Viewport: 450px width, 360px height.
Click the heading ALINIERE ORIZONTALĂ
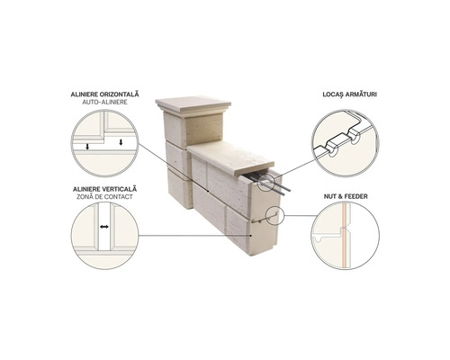(105, 94)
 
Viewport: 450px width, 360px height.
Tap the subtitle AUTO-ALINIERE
(104, 102)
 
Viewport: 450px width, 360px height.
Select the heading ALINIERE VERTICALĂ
(104, 189)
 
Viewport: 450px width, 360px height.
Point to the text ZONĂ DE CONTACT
(104, 197)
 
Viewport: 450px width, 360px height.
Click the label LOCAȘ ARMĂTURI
(350, 94)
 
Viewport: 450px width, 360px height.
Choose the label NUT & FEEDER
(346, 196)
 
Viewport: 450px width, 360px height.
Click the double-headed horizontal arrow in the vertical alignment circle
(104, 227)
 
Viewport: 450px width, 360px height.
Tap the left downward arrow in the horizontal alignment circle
(87, 147)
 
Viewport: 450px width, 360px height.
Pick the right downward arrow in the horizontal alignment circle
(121, 142)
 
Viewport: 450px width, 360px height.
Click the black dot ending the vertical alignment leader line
(251, 236)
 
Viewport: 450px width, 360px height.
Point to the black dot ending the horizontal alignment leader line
(208, 191)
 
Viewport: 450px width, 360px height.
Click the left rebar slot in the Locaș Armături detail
(332, 152)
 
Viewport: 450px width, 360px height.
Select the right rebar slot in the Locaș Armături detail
(355, 139)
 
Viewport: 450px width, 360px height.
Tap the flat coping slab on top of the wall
(231, 158)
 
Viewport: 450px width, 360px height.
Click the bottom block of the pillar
(179, 189)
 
